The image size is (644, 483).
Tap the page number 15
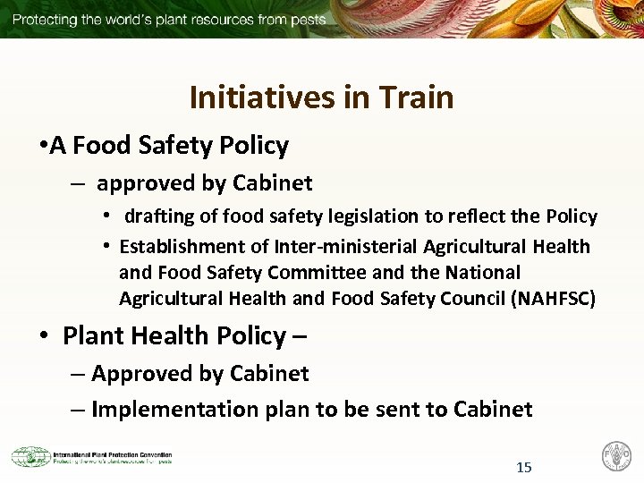524,467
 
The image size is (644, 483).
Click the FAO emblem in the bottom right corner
616,455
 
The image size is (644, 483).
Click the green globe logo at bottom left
30,456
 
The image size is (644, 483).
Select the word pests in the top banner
305,19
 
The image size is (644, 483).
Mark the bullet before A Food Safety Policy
42,145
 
